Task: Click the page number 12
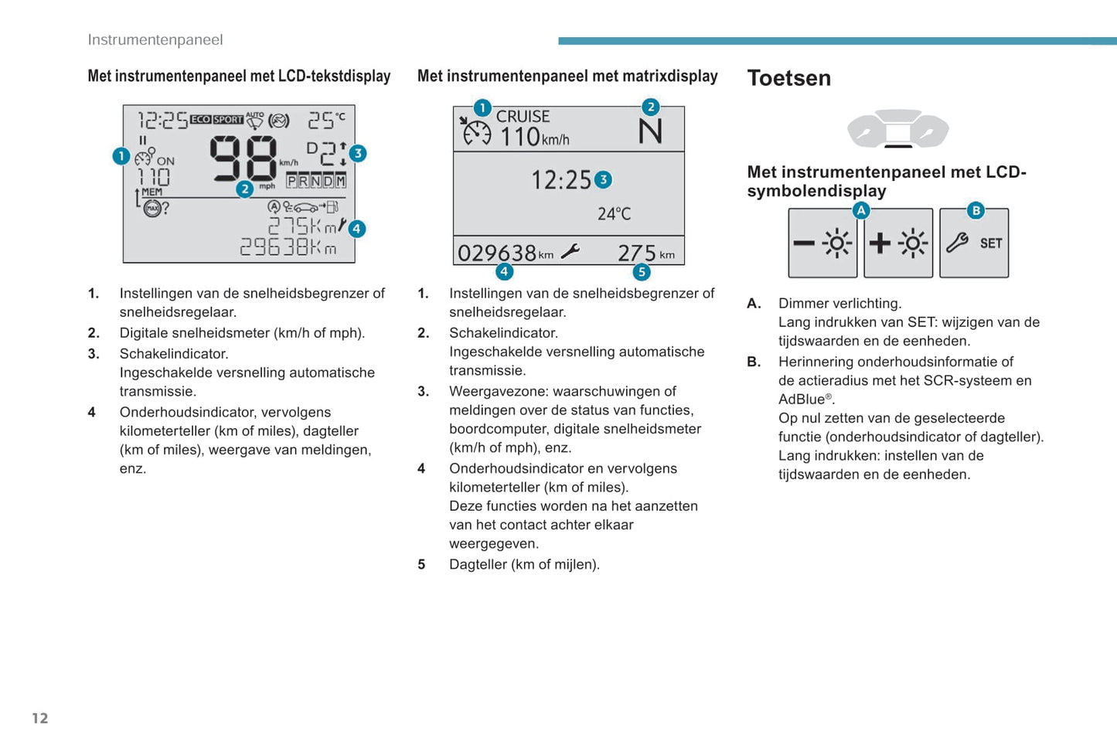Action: point(40,718)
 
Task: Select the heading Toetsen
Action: point(788,78)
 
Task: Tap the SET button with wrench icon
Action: point(974,243)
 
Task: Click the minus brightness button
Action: point(822,243)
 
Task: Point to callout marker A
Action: point(861,210)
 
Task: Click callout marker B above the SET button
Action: point(976,210)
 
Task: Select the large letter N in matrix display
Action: point(650,132)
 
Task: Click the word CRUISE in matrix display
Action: point(523,117)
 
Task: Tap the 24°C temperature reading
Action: point(614,214)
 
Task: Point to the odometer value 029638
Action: point(497,253)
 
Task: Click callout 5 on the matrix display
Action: point(641,272)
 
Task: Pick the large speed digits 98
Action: point(243,158)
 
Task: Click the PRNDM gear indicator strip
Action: point(316,181)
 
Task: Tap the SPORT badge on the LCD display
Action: point(228,120)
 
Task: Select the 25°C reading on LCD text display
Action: point(326,120)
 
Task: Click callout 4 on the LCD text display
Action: point(356,229)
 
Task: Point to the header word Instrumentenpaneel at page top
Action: point(155,40)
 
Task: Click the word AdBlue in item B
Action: point(802,400)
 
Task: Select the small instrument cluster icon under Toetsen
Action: point(897,129)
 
